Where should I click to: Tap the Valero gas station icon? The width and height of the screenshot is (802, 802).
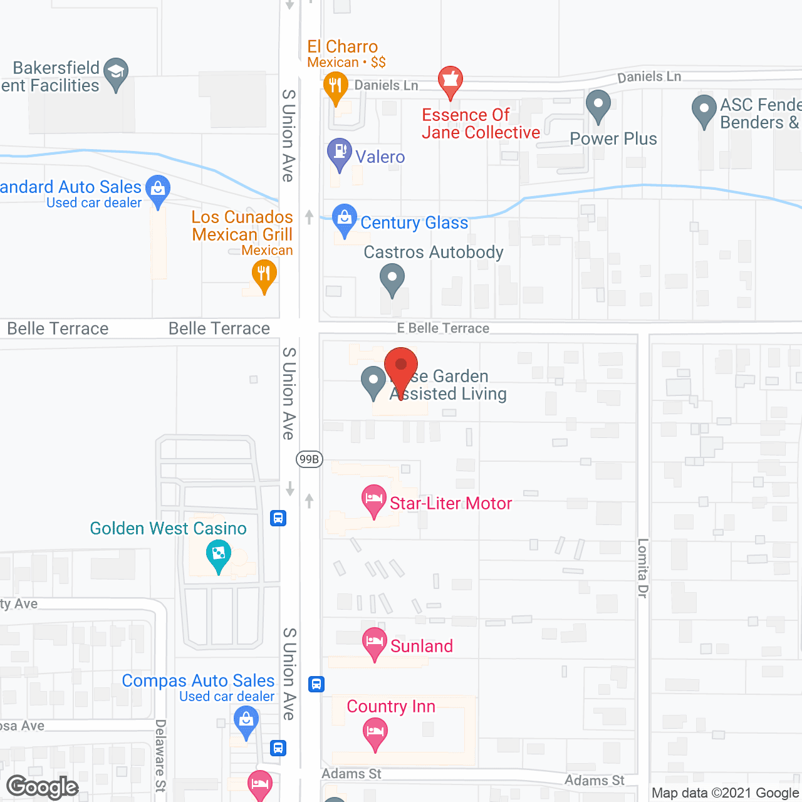[x=340, y=152]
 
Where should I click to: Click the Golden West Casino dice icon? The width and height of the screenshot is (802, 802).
[x=219, y=554]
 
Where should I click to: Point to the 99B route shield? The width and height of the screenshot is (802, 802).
[x=309, y=459]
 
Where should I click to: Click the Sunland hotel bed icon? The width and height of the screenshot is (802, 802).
[x=375, y=642]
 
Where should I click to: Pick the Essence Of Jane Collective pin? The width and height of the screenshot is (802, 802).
[x=450, y=80]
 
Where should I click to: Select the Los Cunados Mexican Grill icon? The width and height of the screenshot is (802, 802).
[x=264, y=274]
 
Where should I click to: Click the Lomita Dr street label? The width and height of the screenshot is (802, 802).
[x=643, y=568]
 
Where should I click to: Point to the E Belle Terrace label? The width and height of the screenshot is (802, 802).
[x=443, y=328]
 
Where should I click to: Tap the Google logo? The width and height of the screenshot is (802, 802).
[x=43, y=787]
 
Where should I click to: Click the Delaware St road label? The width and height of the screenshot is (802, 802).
[x=160, y=755]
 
